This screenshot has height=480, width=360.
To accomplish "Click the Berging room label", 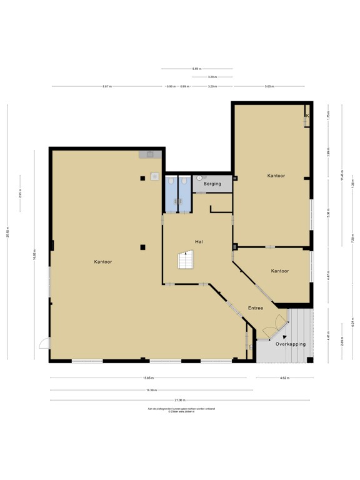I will [212, 185].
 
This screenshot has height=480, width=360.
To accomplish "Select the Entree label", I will [255, 308].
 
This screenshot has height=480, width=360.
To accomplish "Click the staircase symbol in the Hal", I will [186, 261].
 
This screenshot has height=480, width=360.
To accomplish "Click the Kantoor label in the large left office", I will [104, 262].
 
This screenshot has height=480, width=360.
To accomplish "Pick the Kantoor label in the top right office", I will [276, 176].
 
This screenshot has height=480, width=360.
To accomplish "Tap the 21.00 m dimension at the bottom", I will [179, 400].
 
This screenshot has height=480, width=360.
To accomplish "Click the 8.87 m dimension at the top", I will [107, 86].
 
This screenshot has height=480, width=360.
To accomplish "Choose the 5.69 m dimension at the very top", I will [196, 69].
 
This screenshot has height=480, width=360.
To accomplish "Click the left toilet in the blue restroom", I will [171, 181].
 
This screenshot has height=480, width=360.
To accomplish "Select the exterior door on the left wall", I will [43, 342].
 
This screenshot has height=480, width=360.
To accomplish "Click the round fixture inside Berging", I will [199, 177].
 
